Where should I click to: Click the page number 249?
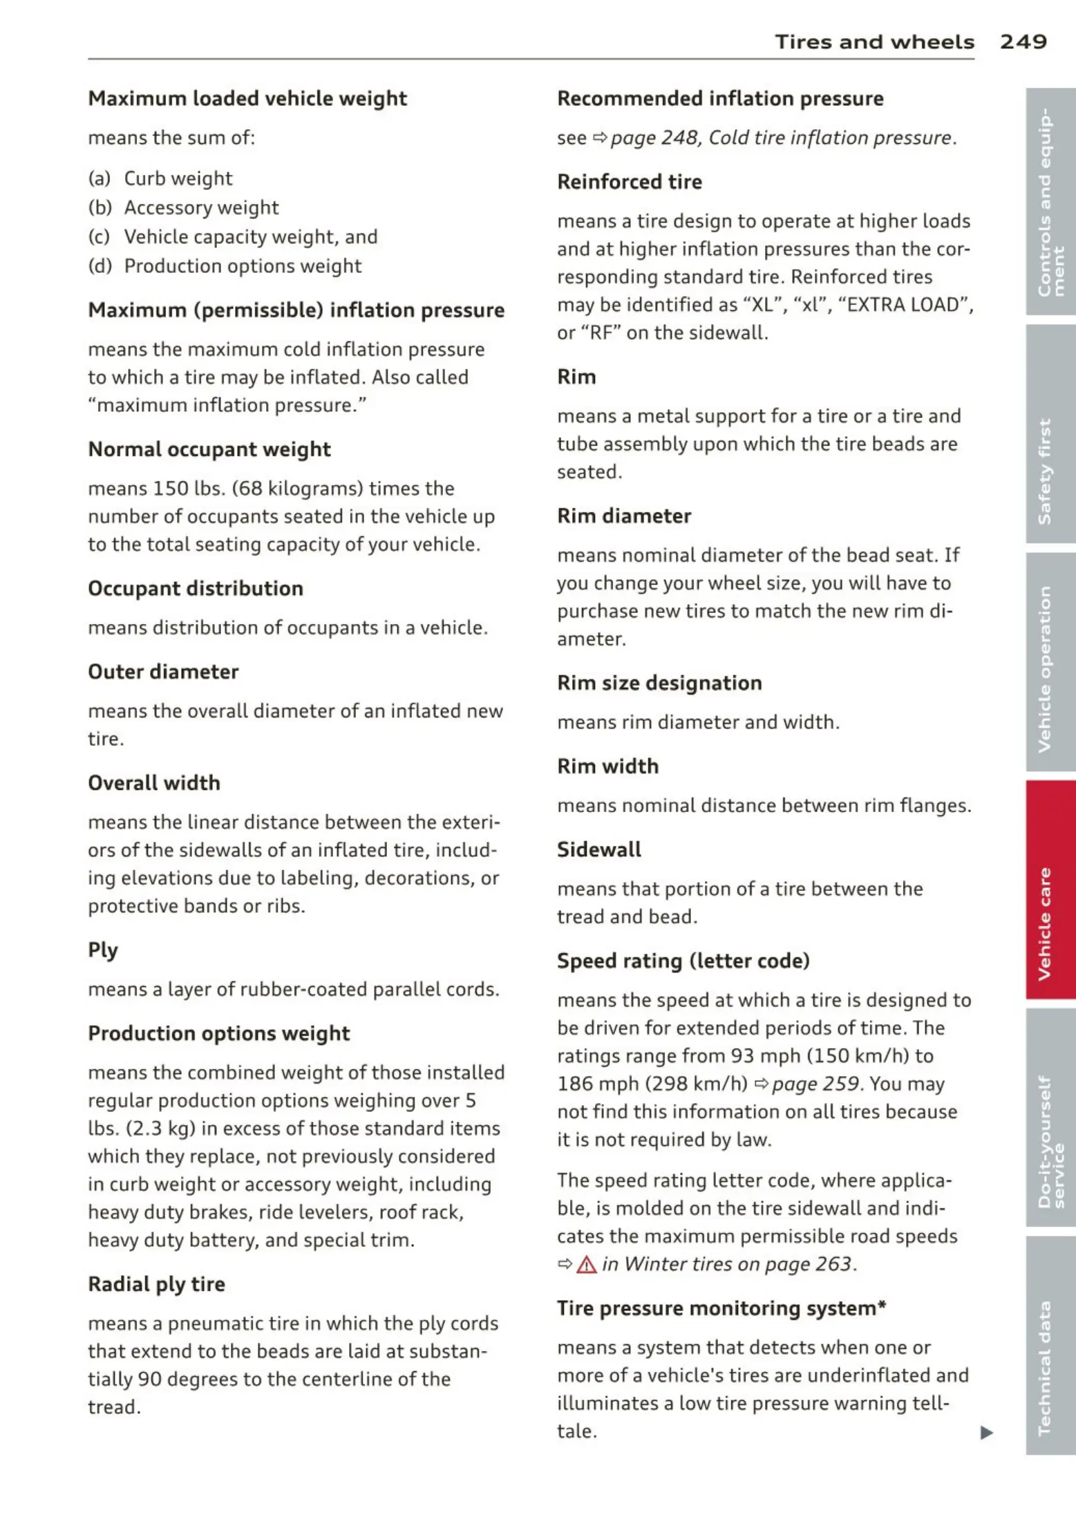pyautogui.click(x=1023, y=41)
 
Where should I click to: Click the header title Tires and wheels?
pyautogui.click(x=874, y=42)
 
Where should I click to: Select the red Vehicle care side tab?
pyautogui.click(x=1050, y=889)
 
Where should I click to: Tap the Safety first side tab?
pyautogui.click(x=1050, y=434)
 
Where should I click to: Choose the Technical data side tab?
pyautogui.click(x=1050, y=1344)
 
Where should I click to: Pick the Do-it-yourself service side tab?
pyautogui.click(x=1050, y=1116)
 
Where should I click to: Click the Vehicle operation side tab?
pyautogui.click(x=1050, y=661)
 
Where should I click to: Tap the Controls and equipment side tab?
pyautogui.click(x=1050, y=201)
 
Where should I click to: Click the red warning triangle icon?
pyautogui.click(x=586, y=1265)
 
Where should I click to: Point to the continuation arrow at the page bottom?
pyautogui.click(x=987, y=1433)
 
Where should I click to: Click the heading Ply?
pyautogui.click(x=103, y=950)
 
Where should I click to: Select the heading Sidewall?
pyautogui.click(x=599, y=849)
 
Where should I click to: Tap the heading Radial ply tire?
pyautogui.click(x=156, y=1284)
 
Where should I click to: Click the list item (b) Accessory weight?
pyautogui.click(x=183, y=207)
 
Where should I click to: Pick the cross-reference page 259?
pyautogui.click(x=815, y=1084)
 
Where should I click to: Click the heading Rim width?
pyautogui.click(x=607, y=766)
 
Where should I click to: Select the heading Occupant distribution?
pyautogui.click(x=196, y=588)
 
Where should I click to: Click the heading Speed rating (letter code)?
pyautogui.click(x=683, y=961)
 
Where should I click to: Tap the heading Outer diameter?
pyautogui.click(x=163, y=672)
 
